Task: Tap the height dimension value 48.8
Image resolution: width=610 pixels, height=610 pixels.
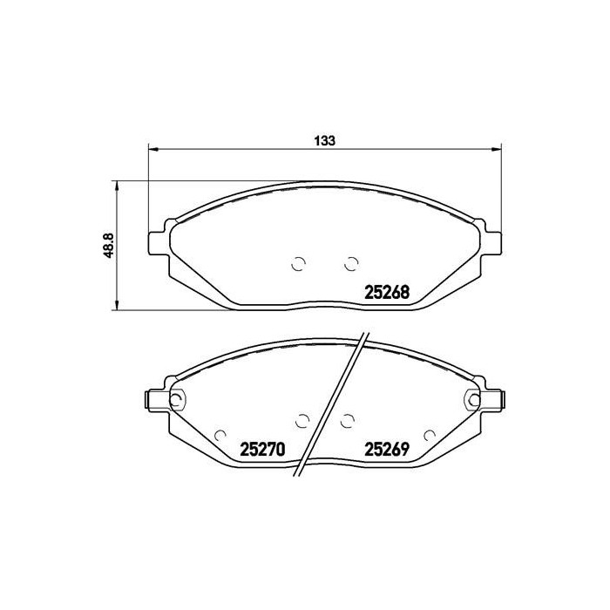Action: [x=109, y=246]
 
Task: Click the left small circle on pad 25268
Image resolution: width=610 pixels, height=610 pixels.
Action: [x=298, y=264]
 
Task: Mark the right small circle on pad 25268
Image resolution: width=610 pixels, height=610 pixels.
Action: [x=352, y=262]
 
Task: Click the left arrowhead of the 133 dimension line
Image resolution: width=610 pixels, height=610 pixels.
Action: [x=153, y=148]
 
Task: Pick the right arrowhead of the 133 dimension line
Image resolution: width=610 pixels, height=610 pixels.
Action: [x=497, y=148]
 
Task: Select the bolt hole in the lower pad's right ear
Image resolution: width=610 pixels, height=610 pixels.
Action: [x=474, y=401]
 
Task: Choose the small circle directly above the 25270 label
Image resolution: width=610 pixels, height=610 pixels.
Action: [x=302, y=420]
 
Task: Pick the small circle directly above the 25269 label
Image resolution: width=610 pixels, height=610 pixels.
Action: [x=348, y=421]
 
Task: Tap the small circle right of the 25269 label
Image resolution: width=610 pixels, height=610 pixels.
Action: [x=428, y=434]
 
